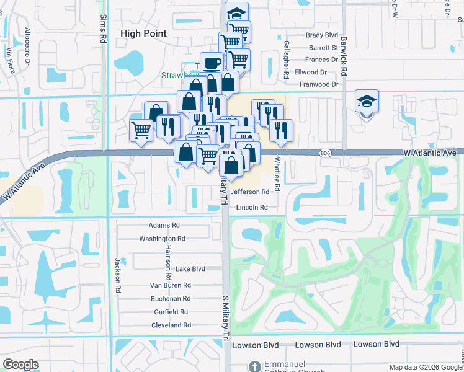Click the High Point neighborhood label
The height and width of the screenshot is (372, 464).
point(143,33)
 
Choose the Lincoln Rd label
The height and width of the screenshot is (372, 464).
point(251,207)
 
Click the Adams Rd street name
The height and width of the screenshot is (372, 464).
point(164,226)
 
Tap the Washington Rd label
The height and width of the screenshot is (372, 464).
point(162,239)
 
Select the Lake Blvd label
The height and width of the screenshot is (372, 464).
point(190,269)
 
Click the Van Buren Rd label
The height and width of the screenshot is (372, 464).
point(171,285)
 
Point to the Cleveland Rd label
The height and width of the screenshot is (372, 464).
point(171,325)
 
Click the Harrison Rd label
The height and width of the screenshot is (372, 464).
point(167,260)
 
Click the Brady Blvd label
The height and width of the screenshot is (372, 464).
point(323,35)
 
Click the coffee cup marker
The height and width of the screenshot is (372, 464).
point(212,63)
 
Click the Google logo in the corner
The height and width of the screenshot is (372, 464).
point(20,365)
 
